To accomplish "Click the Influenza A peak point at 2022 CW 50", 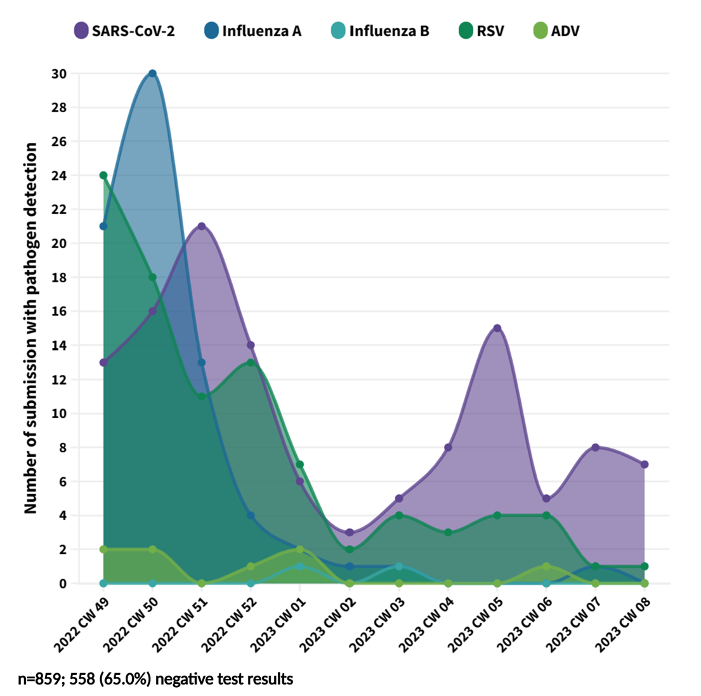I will pyautogui.click(x=152, y=74).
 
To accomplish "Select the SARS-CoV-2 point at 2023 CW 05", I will pyautogui.click(x=497, y=328).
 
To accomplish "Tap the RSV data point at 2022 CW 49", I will pyautogui.click(x=103, y=175).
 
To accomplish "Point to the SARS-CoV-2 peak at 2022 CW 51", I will pyautogui.click(x=202, y=227).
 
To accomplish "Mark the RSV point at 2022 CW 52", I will pyautogui.click(x=251, y=363).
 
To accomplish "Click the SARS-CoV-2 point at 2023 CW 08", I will pyautogui.click(x=645, y=464).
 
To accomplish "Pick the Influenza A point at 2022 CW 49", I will pyautogui.click(x=103, y=226).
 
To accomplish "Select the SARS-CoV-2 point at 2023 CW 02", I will pyautogui.click(x=350, y=532).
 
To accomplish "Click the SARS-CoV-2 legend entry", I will pyautogui.click(x=124, y=30).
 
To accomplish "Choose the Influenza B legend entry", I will pyautogui.click(x=380, y=30).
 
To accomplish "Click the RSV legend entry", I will pyautogui.click(x=482, y=30).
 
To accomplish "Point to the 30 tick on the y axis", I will pyautogui.click(x=59, y=74).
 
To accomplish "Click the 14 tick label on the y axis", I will pyautogui.click(x=59, y=346).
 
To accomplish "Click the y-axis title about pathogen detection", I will pyautogui.click(x=30, y=328).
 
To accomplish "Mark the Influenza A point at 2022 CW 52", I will pyautogui.click(x=251, y=516).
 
